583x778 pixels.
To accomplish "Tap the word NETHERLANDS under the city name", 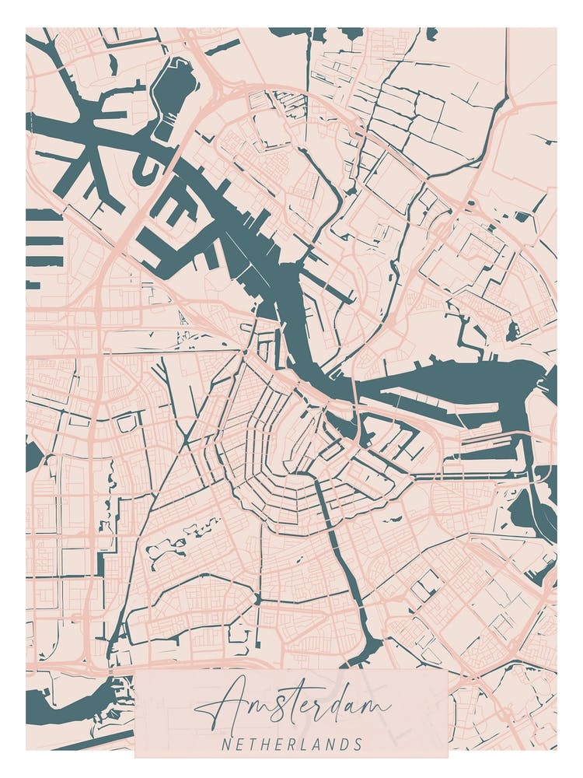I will point(291,745).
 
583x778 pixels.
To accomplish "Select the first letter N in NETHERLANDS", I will point(225,745).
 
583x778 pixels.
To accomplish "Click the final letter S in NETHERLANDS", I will point(358,745).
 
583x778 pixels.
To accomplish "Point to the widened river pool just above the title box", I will point(365,650).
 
